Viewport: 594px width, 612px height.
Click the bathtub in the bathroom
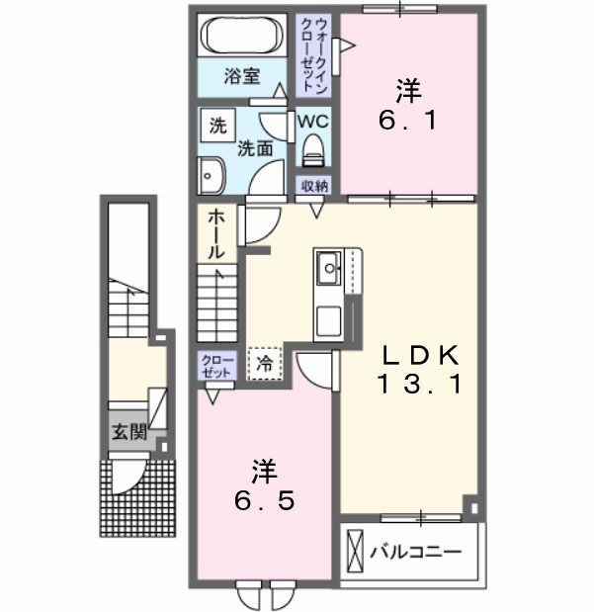242,36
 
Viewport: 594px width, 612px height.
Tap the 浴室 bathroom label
242,76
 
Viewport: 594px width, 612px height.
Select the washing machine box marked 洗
218,126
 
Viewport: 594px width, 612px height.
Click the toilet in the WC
313,149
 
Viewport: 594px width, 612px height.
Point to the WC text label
313,122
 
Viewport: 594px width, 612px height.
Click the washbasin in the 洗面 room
212,176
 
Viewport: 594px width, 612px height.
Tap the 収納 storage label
313,186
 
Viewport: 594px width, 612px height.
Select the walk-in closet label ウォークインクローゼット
313,55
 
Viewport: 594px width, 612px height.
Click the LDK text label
419,355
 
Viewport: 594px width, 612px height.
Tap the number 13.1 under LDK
419,384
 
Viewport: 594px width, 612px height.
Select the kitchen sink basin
329,268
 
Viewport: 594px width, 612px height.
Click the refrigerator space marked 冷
265,364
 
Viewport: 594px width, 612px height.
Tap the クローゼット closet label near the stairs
216,366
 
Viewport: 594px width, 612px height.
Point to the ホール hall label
215,235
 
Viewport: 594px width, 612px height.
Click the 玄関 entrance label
129,432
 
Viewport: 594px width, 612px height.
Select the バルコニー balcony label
416,552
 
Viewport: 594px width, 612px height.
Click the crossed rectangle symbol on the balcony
355,551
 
